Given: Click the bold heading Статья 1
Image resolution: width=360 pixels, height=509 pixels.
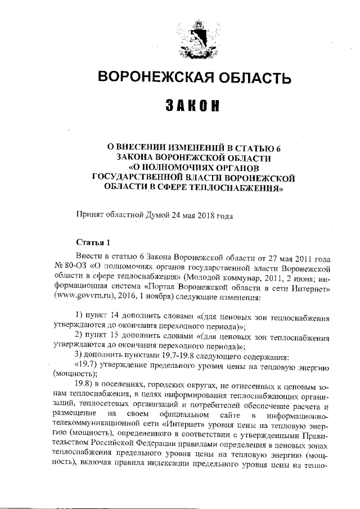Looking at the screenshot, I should click(x=94, y=242).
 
